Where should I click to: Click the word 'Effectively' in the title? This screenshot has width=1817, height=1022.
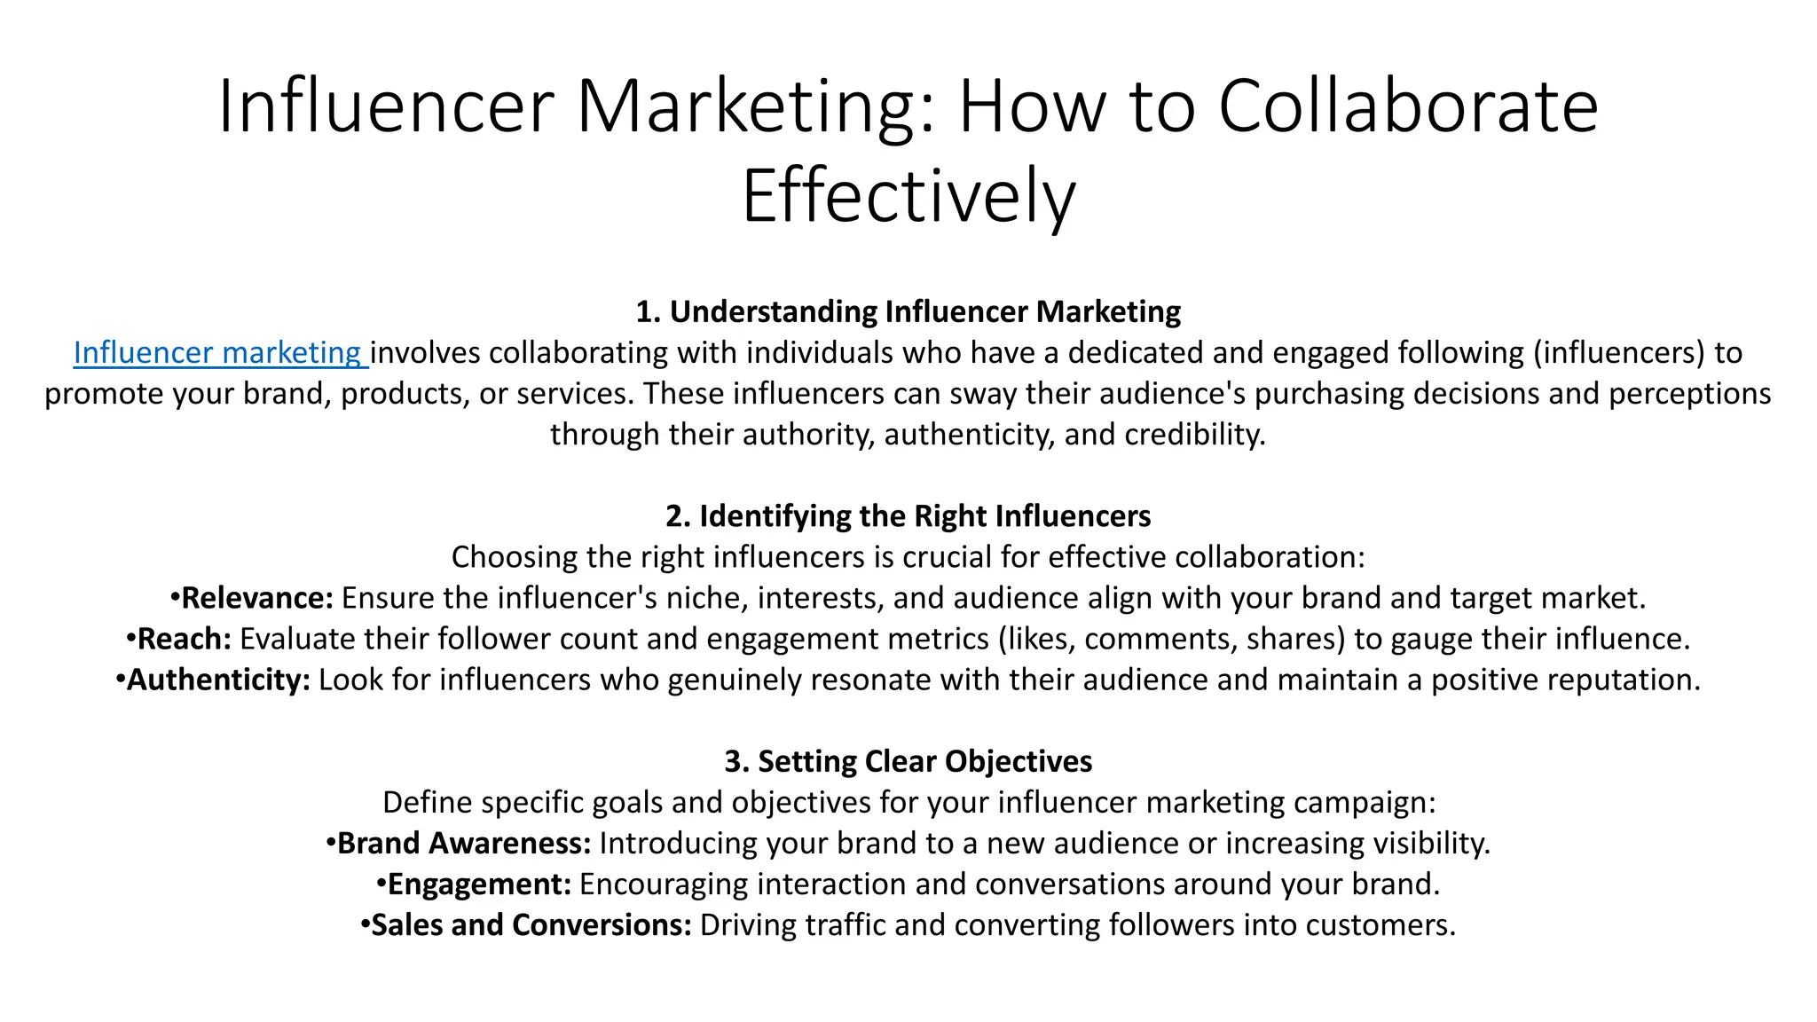click(x=908, y=196)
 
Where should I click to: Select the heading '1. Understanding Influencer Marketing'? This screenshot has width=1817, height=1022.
click(x=908, y=312)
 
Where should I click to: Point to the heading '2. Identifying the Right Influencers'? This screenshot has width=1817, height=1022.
click(x=908, y=516)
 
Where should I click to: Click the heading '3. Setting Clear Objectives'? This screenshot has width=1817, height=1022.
click(x=908, y=761)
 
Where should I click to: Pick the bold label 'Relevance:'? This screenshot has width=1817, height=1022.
click(x=256, y=598)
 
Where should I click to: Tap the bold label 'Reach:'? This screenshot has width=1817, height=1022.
click(x=184, y=639)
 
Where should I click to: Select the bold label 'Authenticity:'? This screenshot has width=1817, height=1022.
click(x=218, y=680)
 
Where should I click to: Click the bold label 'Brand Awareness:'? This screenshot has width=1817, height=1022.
click(x=463, y=843)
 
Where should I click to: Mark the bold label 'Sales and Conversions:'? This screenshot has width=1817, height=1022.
click(x=531, y=924)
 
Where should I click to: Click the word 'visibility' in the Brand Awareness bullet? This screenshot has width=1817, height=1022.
click(x=1428, y=843)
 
